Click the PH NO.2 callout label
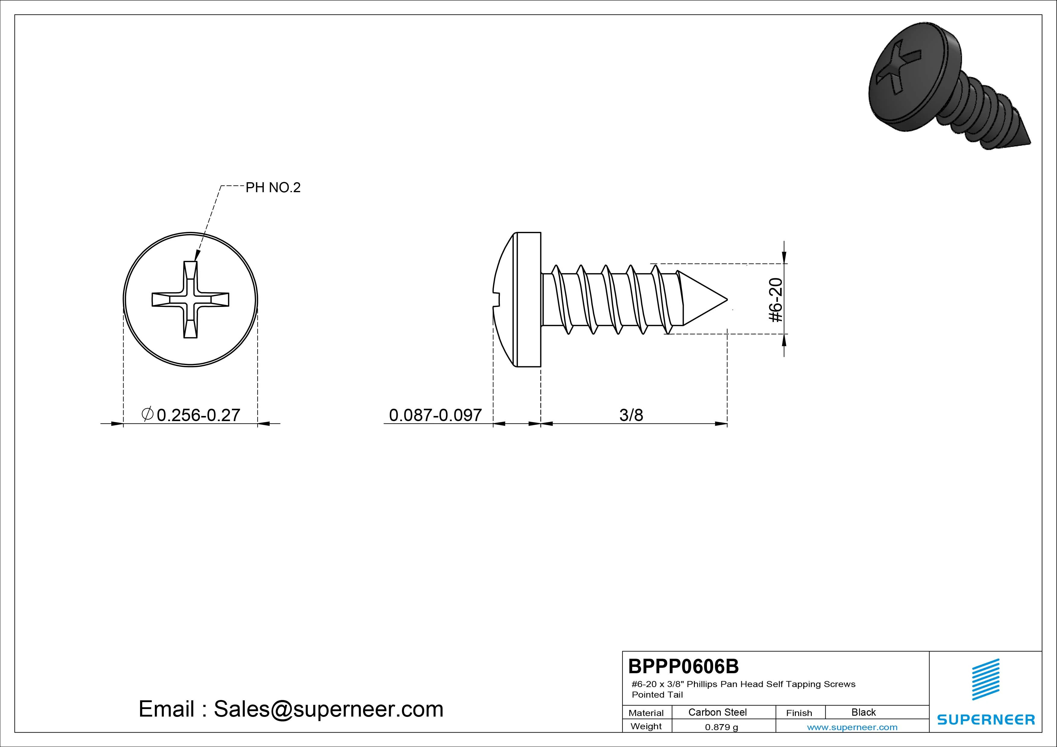pyautogui.click(x=273, y=187)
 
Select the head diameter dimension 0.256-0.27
pyautogui.click(x=191, y=415)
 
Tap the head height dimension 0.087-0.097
pyautogui.click(x=435, y=415)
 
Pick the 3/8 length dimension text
pyautogui.click(x=631, y=415)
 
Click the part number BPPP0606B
pyautogui.click(x=684, y=666)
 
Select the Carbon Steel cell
pyautogui.click(x=717, y=712)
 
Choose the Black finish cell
pyautogui.click(x=863, y=712)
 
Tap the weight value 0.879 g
pyautogui.click(x=721, y=727)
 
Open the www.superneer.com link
pyautogui.click(x=852, y=727)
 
